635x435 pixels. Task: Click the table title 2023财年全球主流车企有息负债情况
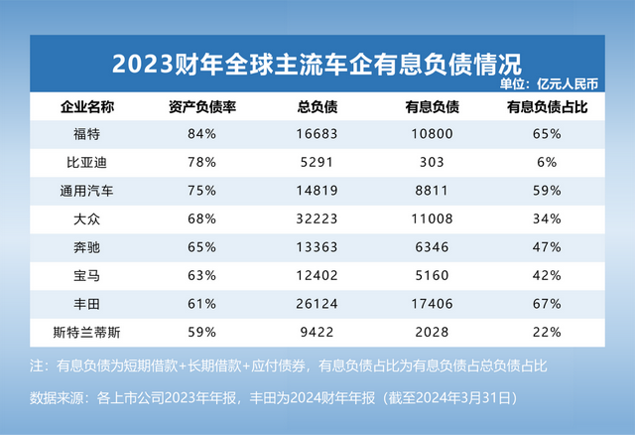317,64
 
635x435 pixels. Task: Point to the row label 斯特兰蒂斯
81,332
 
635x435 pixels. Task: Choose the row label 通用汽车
81,190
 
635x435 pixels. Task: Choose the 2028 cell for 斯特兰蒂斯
432,332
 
